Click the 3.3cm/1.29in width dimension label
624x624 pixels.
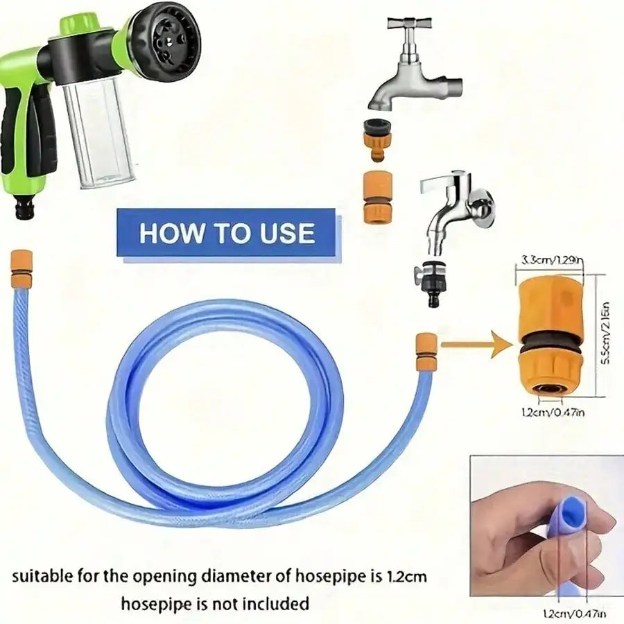pos(551,261)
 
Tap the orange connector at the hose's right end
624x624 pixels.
pos(426,352)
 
